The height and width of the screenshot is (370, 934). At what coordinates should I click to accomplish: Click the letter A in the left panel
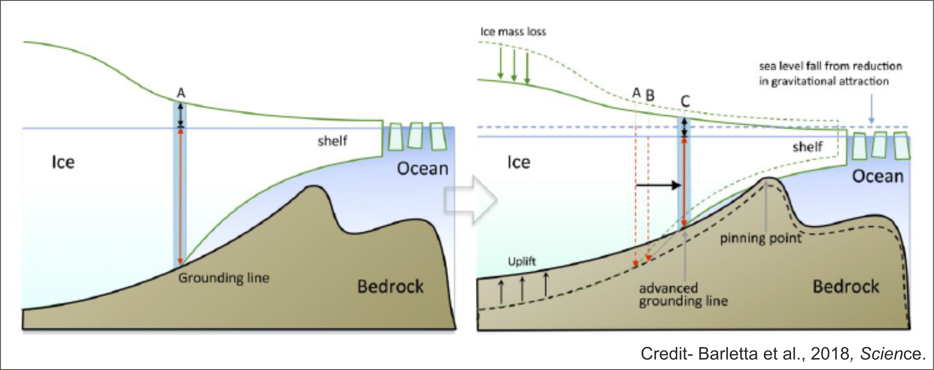181,93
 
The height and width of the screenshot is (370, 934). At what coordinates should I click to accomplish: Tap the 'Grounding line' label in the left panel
224,278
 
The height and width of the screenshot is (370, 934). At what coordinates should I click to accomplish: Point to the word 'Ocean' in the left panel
423,169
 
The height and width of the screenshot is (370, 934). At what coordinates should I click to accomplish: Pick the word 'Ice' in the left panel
63,162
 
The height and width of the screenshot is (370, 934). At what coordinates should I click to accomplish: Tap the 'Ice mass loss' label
513,32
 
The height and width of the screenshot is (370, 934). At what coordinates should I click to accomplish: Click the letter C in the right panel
685,101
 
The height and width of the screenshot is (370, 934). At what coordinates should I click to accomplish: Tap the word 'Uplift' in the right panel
521,261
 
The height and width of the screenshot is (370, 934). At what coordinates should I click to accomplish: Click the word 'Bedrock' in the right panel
846,287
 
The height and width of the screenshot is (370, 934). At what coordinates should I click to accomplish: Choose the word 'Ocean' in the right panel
877,176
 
